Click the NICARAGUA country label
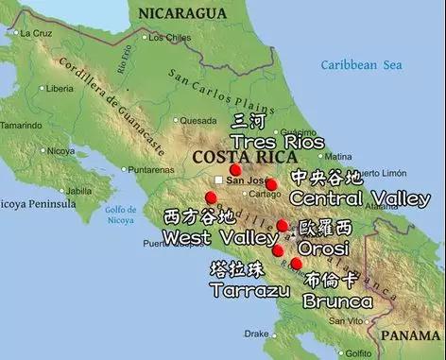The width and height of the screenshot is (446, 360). coord(181,12)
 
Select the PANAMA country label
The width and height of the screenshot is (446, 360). coord(410,334)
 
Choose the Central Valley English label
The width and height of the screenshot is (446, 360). coord(359,198)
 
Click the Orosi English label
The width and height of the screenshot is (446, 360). coord(323,248)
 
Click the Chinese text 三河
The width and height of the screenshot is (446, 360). coord(249,121)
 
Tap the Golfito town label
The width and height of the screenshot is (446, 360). coord(356,352)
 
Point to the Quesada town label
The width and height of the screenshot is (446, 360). coord(198,120)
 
